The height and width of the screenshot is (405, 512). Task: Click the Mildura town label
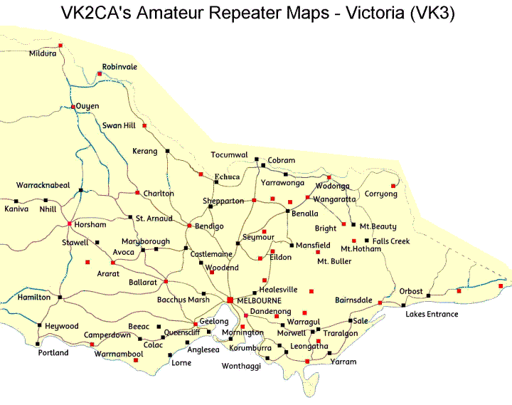pos(43,54)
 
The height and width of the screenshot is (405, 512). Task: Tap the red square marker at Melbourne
pos(230,300)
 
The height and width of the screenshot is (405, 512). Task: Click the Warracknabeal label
pos(43,185)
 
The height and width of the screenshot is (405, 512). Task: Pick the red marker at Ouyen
pos(73,107)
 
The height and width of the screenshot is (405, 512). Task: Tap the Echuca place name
pos(228,175)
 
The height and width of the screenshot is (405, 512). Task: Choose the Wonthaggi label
pos(242,366)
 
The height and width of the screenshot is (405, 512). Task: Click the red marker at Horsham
pos(69,224)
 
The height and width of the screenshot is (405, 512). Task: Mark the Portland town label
pos(53,353)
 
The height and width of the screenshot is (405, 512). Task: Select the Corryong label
pos(381,194)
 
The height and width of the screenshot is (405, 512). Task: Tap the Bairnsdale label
pos(353,300)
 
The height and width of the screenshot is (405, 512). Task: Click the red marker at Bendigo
pos(189,226)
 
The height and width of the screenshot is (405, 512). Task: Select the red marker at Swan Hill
pos(144,126)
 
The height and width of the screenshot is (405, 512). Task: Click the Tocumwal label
pos(229,155)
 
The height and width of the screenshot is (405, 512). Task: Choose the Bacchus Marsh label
pos(183,300)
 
